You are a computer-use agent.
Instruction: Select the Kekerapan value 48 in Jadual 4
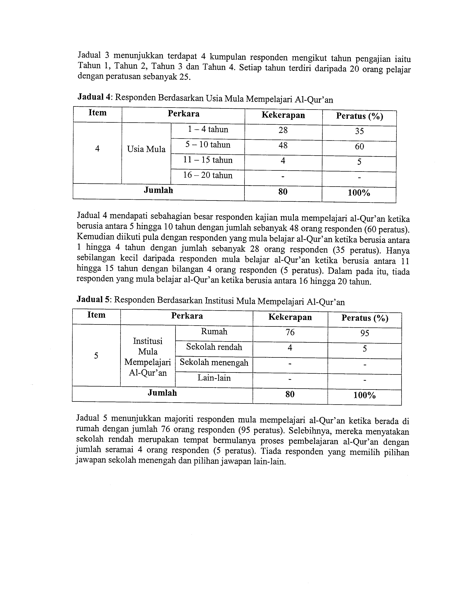click(283, 145)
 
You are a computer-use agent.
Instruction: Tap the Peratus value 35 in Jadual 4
click(359, 131)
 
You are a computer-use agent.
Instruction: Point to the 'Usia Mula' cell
click(146, 149)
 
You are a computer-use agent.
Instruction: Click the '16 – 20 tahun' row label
click(208, 175)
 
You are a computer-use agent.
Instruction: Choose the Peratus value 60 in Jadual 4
click(359, 146)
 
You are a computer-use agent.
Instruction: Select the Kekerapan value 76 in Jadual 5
click(290, 332)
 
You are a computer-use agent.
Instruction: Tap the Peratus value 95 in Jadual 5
click(365, 333)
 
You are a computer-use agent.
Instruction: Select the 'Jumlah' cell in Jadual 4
click(158, 190)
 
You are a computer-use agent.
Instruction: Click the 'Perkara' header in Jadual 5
click(187, 316)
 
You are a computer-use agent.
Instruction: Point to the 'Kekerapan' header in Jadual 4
click(283, 115)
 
